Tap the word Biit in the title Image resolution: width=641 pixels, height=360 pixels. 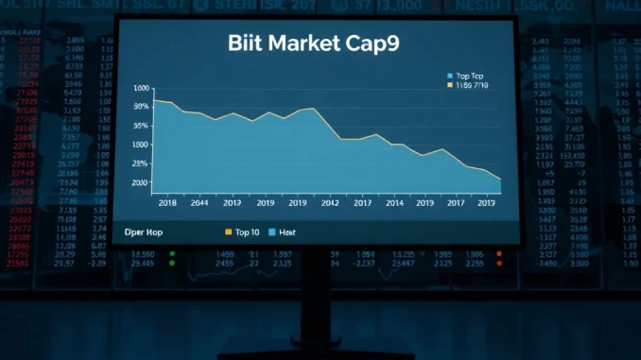tap(245, 44)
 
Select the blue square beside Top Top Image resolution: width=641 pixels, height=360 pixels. tap(449, 75)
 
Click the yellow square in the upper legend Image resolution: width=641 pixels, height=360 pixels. tap(449, 85)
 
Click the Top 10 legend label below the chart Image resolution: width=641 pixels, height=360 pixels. tap(249, 231)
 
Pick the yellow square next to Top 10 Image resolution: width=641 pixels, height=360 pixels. tap(228, 231)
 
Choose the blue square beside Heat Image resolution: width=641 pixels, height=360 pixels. tap(272, 231)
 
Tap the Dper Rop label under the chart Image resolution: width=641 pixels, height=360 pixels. tap(145, 231)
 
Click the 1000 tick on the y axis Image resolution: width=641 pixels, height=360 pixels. tap(141, 89)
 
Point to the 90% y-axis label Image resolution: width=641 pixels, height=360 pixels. tap(141, 107)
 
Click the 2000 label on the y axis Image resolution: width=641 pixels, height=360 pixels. tap(140, 182)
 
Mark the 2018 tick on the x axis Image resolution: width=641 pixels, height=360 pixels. tap(169, 203)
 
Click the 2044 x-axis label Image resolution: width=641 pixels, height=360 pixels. tap(199, 203)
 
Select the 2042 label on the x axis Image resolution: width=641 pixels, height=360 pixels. tap(330, 203)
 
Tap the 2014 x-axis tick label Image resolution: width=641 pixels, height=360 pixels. tap(393, 203)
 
